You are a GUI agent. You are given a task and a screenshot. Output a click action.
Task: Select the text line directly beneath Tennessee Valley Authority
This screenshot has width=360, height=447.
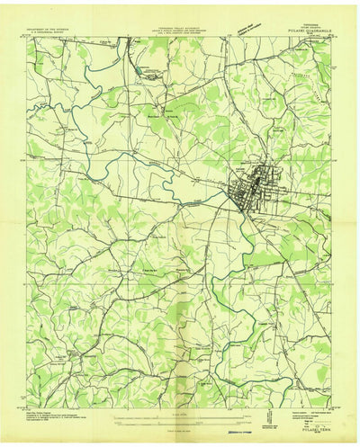click(x=180, y=31)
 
